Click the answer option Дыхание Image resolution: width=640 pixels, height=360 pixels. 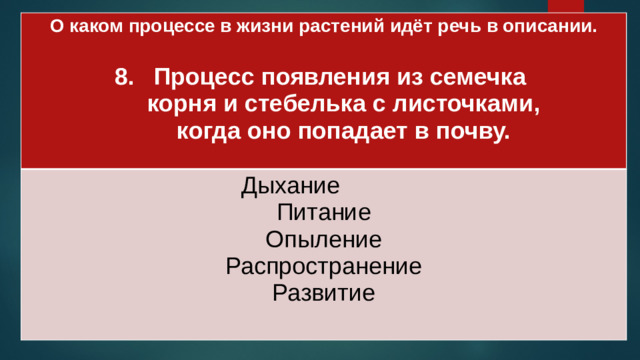point(290,186)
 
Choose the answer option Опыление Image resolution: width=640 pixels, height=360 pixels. point(323,240)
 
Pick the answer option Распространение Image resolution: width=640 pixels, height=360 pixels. point(323,267)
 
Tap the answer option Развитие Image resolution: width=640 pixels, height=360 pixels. point(323,293)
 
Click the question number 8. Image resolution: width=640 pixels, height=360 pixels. point(124,78)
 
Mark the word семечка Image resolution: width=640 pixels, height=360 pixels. point(476,78)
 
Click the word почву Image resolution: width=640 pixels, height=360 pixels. point(469,132)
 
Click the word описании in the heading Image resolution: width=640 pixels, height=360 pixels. point(551,28)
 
